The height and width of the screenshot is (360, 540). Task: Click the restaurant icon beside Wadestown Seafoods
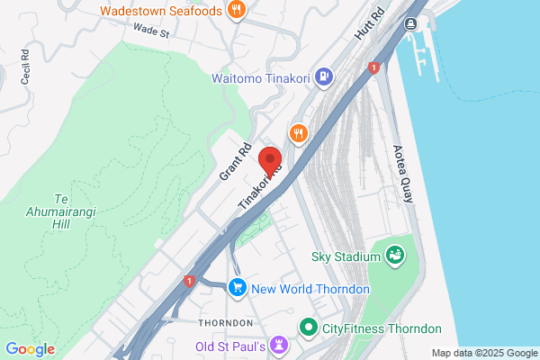[x=237, y=11]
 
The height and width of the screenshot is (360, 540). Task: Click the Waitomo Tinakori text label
[x=260, y=78]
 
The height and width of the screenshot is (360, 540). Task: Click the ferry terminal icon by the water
[x=411, y=23]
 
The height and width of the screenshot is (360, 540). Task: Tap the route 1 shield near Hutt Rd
[x=373, y=67]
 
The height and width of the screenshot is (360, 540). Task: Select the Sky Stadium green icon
[x=394, y=256]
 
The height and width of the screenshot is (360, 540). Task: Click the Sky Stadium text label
[x=346, y=256]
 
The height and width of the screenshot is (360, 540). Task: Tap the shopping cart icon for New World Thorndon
[x=238, y=288]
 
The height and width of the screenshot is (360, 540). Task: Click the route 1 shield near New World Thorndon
[x=189, y=281]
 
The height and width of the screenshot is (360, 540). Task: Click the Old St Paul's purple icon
[x=280, y=346]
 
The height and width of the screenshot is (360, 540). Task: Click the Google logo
[x=30, y=349]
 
